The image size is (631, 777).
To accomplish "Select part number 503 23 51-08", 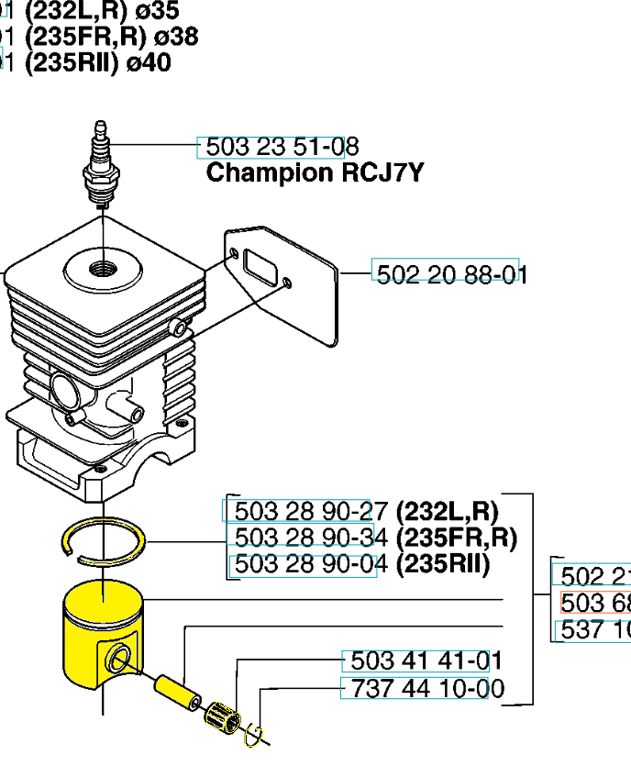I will [282, 147].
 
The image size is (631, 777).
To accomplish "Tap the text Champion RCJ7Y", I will [315, 172].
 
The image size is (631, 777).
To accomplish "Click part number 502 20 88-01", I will [449, 273].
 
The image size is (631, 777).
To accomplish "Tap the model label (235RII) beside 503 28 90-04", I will [442, 563].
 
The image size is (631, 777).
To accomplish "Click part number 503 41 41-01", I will [426, 660].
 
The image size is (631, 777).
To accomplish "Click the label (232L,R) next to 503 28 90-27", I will [447, 511].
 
